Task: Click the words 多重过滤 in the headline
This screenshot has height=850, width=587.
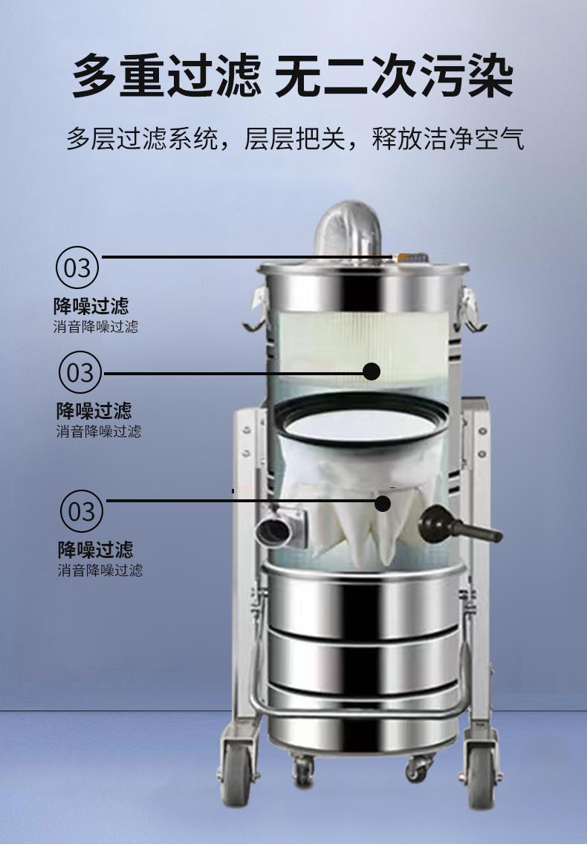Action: point(166,75)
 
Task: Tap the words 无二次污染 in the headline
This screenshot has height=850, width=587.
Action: point(394,75)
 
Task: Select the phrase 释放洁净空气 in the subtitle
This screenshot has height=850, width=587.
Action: point(448,139)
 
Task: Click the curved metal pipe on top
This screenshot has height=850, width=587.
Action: point(348,230)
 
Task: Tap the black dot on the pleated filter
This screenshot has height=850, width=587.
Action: point(372,372)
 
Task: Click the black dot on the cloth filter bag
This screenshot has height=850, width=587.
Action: point(383,503)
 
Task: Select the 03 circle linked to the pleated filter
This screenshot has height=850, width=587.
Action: point(80,372)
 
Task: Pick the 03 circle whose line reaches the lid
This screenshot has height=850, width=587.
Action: point(77,267)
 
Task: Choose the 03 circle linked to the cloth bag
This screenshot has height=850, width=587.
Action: point(82,511)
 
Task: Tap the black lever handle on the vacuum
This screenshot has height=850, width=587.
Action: point(460,525)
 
